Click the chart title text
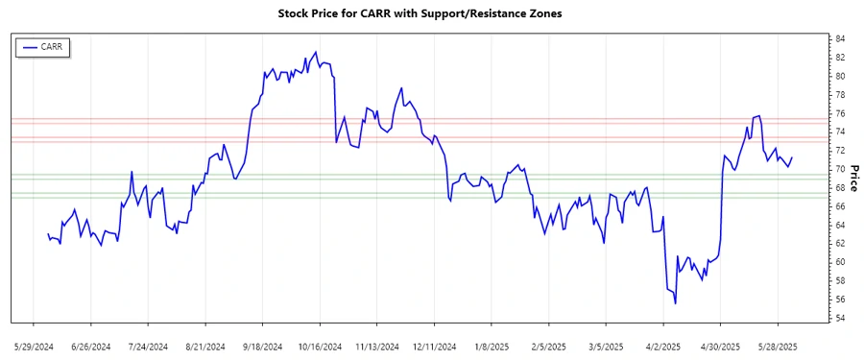pos(432,14)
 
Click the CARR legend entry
pos(52,46)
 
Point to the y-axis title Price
pos(852,179)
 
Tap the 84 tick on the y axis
pos(839,38)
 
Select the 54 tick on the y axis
pos(839,319)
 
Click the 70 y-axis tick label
pos(839,169)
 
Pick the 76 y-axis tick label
pos(839,113)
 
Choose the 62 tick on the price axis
pos(839,244)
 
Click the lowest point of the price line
pos(675,303)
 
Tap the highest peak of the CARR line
pos(316,52)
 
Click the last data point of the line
pos(792,157)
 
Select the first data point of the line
pos(48,233)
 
